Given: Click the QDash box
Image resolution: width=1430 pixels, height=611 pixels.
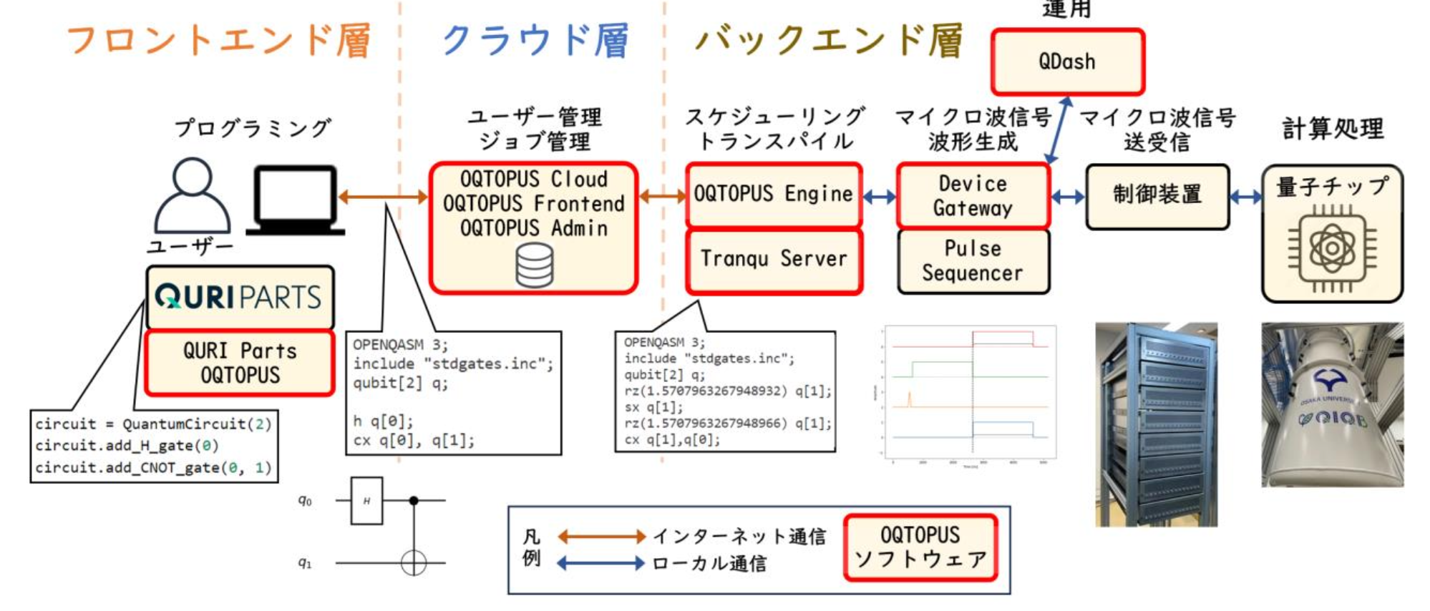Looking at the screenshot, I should [1067, 62].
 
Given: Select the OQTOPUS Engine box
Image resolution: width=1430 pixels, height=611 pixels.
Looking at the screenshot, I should [773, 194].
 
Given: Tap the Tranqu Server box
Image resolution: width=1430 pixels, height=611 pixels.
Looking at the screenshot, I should [773, 259].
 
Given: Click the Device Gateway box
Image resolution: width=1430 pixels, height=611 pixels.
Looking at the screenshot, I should [973, 195].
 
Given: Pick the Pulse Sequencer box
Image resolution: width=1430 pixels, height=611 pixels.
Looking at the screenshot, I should [973, 260].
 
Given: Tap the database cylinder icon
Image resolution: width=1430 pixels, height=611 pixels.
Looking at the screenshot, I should [535, 265].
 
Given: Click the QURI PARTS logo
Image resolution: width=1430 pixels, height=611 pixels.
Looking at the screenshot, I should [239, 296].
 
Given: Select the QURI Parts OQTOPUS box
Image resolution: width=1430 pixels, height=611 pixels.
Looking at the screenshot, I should [240, 363].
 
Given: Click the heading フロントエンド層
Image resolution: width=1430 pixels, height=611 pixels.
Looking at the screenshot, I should [218, 40].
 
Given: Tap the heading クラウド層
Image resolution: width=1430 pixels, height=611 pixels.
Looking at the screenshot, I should [535, 40].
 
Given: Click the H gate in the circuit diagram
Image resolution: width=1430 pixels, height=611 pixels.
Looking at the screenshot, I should [366, 501].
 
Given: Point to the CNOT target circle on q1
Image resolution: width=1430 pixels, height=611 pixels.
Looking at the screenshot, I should [414, 563].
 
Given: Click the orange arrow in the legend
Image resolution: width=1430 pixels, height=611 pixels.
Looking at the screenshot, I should [601, 536].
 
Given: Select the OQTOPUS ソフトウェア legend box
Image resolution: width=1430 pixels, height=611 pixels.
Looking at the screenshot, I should [920, 547].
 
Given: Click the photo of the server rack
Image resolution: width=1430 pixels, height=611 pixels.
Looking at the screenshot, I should [1156, 424].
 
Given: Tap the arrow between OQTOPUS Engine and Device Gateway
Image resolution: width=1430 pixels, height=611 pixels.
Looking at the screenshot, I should [880, 196].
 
